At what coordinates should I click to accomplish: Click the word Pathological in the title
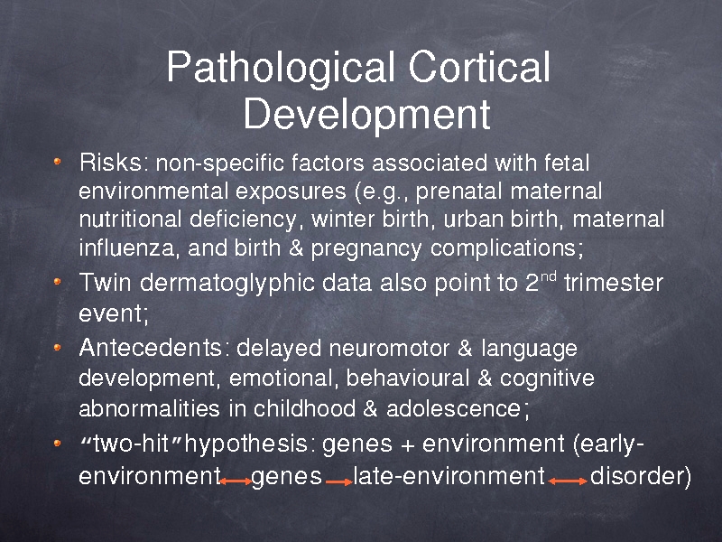pos(281,68)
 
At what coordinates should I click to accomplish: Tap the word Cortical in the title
pos(479,66)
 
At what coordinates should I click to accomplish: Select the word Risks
pos(110,163)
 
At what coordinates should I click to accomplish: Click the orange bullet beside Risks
pos(57,162)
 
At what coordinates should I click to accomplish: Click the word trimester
pos(614,283)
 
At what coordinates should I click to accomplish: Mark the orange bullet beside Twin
pos(57,281)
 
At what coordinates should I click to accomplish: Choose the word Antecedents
pos(150,348)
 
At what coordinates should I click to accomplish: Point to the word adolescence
pos(454,408)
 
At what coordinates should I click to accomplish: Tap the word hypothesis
pos(245,444)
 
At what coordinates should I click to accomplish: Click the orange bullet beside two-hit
pos(57,444)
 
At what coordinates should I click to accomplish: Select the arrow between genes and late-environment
pos(339,482)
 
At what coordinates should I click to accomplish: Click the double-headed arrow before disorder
pos(568,481)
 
